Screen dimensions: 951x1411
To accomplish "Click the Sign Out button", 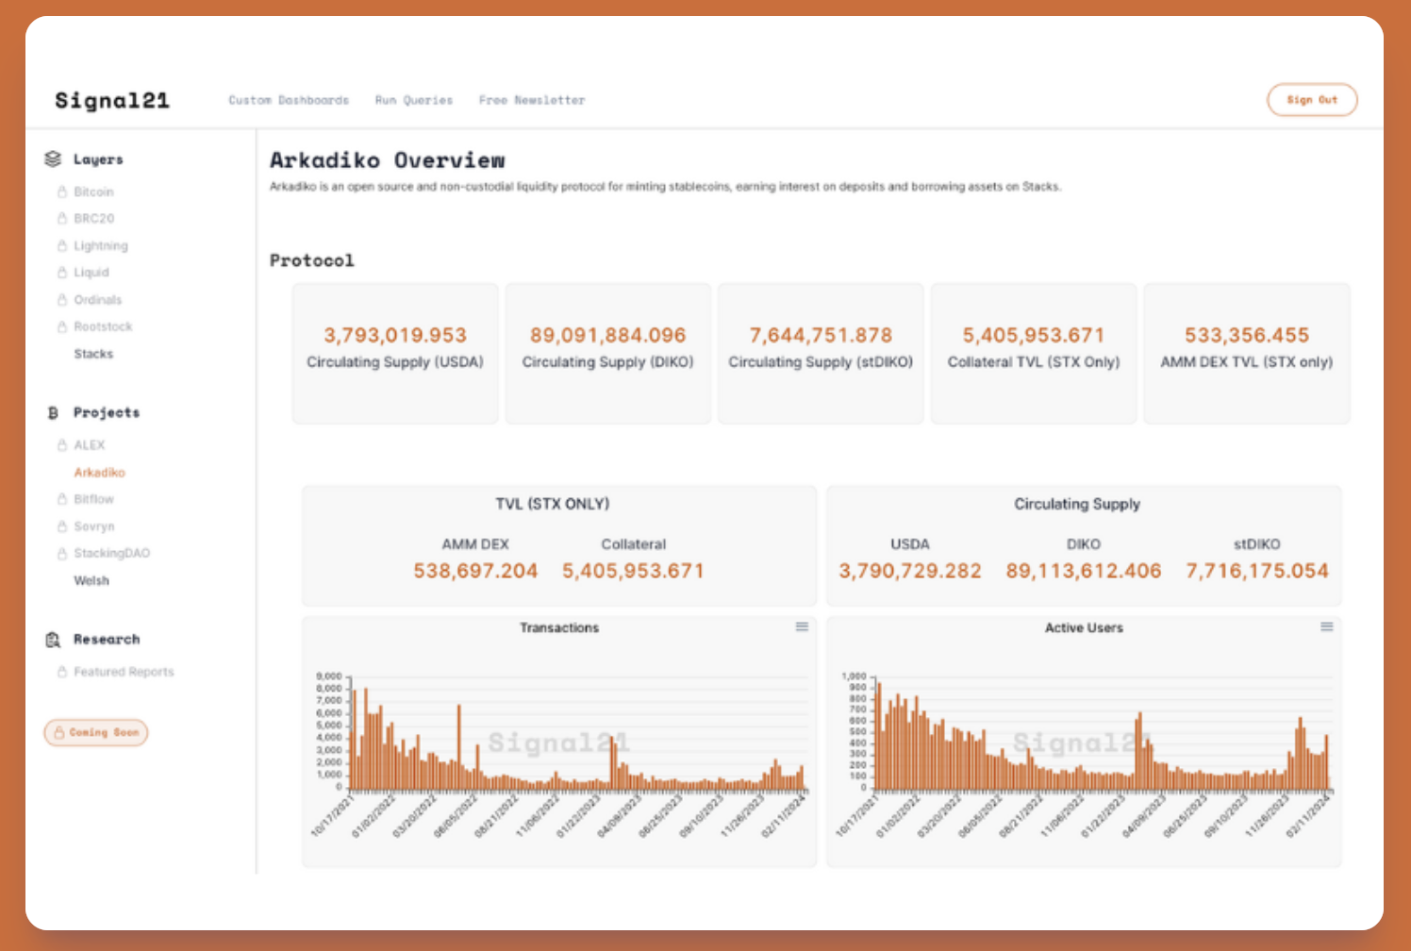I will [x=1311, y=100].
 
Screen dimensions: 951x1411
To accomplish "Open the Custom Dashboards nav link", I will [x=289, y=100].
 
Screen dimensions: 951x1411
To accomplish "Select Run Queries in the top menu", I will [x=414, y=100].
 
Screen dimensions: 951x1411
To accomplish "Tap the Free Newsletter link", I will [x=532, y=100].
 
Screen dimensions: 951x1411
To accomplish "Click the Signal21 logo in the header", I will [x=112, y=100].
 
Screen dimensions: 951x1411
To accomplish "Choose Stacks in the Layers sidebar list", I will [x=93, y=354].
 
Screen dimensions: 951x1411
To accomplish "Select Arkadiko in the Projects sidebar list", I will [x=99, y=473].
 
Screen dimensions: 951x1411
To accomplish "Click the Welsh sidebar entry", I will [x=91, y=580].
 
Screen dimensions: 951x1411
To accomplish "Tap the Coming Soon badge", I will [x=96, y=732].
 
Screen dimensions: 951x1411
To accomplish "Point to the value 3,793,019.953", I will [x=395, y=335].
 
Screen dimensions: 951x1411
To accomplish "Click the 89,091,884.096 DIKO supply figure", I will [x=607, y=335].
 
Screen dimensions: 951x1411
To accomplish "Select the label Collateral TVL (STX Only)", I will [x=1034, y=362].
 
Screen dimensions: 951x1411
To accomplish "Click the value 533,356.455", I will [x=1247, y=335].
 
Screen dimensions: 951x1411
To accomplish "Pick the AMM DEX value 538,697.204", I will [x=475, y=571].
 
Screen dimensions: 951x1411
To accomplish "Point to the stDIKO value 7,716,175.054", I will [x=1256, y=571].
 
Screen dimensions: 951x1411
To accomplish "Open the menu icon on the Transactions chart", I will [x=802, y=626].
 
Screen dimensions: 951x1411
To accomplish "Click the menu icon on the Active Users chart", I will [x=1326, y=626].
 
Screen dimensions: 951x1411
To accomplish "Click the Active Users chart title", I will [x=1084, y=627].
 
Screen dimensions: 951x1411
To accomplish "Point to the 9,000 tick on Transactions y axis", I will [x=329, y=676].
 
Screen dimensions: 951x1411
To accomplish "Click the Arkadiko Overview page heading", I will [x=387, y=160].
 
